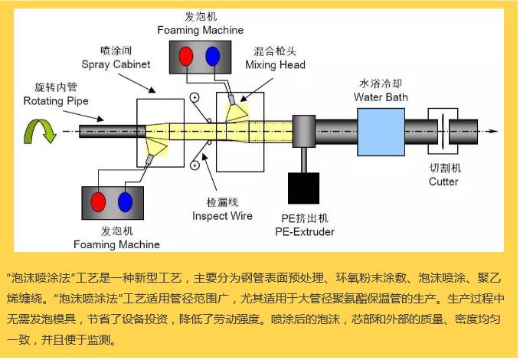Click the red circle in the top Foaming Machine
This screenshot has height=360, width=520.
(x=185, y=57)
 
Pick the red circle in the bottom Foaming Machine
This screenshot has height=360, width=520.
(x=98, y=202)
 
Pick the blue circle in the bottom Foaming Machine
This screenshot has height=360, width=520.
(x=125, y=202)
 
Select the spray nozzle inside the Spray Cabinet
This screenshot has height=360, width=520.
(x=158, y=145)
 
